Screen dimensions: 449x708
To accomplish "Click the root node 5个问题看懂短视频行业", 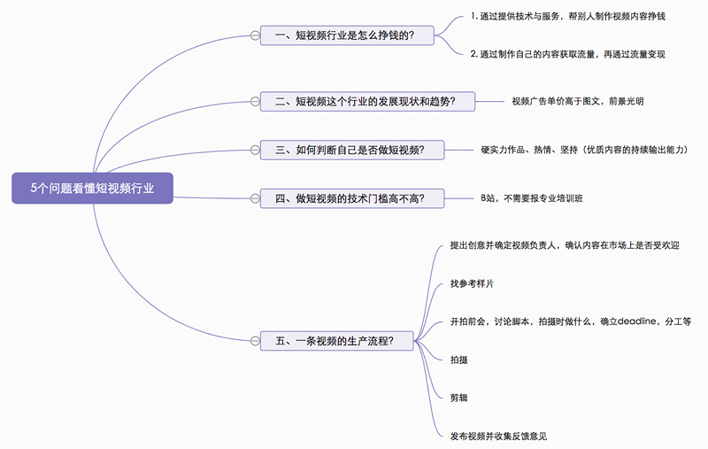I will click(92, 188).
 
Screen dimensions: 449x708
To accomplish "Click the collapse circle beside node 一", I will click(255, 35).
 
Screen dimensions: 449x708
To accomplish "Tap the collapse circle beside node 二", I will click(255, 102).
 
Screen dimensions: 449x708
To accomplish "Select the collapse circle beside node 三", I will click(255, 150).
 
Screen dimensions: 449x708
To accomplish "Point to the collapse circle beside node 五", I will click(255, 340).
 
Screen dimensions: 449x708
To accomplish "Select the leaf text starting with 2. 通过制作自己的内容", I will click(567, 54).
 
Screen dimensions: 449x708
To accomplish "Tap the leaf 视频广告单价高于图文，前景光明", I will click(577, 102).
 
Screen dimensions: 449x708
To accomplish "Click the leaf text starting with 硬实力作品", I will click(584, 150).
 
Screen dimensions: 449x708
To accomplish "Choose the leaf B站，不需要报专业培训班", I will click(531, 197).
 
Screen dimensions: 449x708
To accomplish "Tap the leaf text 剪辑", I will click(459, 398).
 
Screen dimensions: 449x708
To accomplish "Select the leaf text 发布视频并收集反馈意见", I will click(497, 436).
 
